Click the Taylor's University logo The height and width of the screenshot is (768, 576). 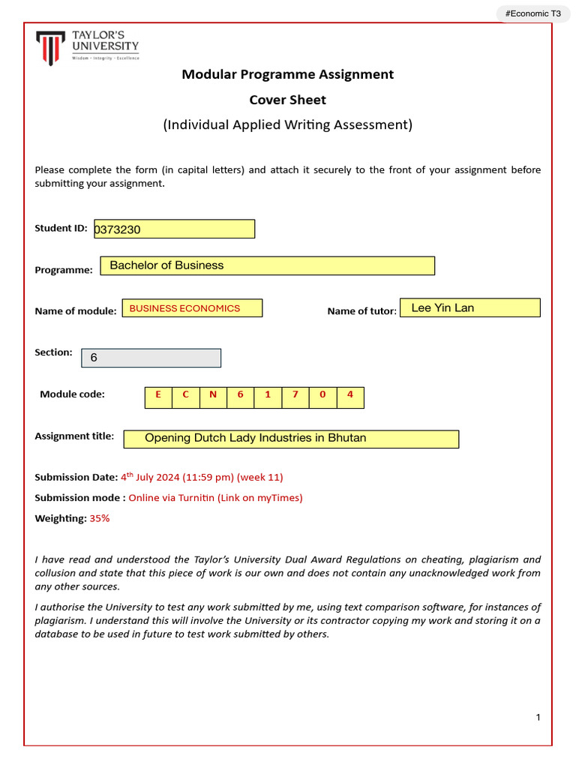(x=88, y=47)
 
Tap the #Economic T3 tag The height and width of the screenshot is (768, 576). (x=532, y=13)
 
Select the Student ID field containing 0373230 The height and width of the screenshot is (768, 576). (x=174, y=229)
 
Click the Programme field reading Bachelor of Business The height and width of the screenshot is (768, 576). (x=271, y=265)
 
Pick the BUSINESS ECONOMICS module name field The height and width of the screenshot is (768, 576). (x=192, y=308)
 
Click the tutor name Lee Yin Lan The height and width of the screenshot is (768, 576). (x=469, y=307)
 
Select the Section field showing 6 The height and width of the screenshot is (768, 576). (x=151, y=358)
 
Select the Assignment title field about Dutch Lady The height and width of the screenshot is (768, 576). (x=291, y=439)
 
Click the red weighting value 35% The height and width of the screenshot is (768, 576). (x=100, y=518)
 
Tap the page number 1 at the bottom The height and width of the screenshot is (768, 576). (x=538, y=718)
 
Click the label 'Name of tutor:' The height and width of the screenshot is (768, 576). (x=361, y=311)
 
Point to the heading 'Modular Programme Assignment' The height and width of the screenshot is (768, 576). (x=287, y=74)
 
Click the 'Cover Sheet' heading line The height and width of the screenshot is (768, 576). (x=287, y=100)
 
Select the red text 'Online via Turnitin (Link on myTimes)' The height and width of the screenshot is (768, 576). (x=215, y=497)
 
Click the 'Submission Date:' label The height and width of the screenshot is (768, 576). (x=76, y=477)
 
